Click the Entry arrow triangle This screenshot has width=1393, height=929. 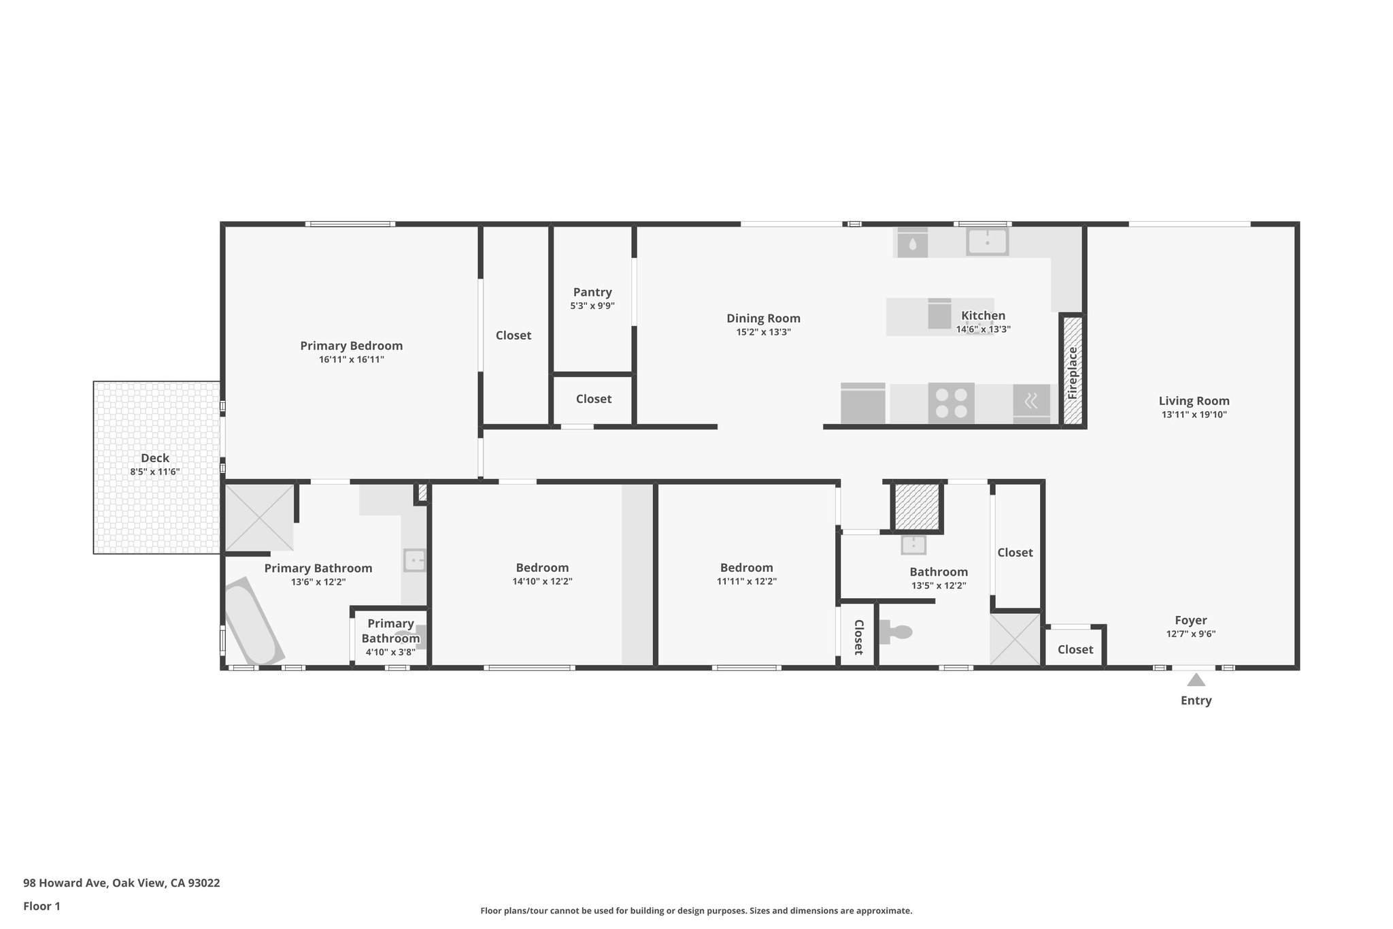(1196, 680)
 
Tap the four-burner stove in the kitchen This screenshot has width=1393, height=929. (951, 403)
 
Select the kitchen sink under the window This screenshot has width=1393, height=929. (987, 242)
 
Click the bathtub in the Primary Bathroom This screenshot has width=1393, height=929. (253, 622)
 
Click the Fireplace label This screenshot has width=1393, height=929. (1073, 373)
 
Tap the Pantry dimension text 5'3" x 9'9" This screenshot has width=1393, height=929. (592, 306)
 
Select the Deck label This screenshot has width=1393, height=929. (155, 458)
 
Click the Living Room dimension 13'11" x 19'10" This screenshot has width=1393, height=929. (1194, 414)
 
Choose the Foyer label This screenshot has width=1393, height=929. (1190, 620)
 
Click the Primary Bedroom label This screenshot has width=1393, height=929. (351, 346)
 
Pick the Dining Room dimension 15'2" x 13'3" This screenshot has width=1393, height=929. (763, 332)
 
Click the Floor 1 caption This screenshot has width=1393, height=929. (41, 906)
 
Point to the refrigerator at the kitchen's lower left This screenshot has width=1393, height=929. (863, 404)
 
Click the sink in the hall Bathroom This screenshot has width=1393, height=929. (913, 544)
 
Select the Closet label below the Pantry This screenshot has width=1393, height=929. (593, 399)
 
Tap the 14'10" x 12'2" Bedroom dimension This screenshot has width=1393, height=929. (542, 582)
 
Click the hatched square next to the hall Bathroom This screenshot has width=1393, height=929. (916, 506)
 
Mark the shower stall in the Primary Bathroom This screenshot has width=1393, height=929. (259, 517)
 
